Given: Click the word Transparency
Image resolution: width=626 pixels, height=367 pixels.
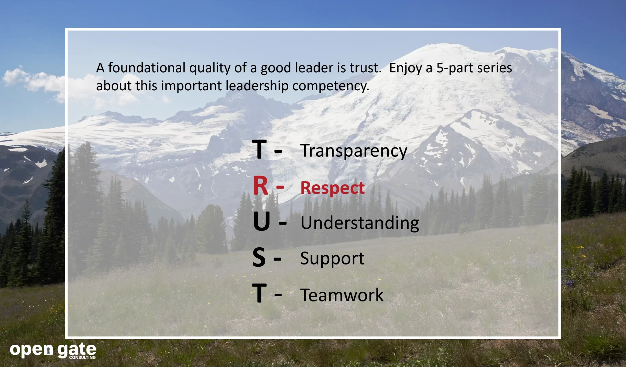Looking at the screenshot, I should tap(354, 151).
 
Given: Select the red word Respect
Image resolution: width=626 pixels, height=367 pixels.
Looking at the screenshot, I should tap(332, 188).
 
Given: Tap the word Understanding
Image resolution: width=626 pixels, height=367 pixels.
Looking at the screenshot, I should tap(359, 223).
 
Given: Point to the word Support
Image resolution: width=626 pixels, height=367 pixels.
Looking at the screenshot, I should tap(332, 258).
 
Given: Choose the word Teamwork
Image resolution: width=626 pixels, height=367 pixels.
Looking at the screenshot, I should tap(341, 295).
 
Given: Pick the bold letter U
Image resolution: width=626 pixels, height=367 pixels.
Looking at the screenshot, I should tap(261, 222).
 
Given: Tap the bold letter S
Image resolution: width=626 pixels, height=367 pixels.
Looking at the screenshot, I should tap(259, 257).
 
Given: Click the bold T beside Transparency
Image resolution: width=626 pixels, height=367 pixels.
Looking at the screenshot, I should tap(259, 149).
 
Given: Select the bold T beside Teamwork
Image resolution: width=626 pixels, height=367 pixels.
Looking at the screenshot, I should tap(259, 293).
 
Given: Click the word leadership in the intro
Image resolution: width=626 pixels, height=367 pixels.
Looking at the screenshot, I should tap(257, 86).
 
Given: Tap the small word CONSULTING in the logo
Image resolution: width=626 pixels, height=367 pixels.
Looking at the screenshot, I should tap(82, 358).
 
